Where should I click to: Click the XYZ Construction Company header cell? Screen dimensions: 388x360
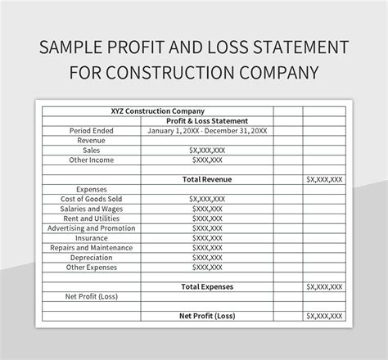click(x=157, y=110)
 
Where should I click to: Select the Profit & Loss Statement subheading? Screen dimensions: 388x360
click(x=207, y=120)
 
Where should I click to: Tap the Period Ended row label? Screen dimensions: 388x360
click(x=92, y=130)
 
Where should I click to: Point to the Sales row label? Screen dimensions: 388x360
click(x=92, y=151)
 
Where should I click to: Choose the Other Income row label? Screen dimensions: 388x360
click(x=92, y=160)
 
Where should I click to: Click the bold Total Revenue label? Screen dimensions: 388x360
click(x=206, y=178)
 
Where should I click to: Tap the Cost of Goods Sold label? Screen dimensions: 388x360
click(x=92, y=198)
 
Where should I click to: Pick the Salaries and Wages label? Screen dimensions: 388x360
click(x=92, y=208)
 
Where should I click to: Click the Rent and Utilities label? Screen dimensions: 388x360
click(x=92, y=218)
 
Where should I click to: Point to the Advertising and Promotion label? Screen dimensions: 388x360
click(x=92, y=228)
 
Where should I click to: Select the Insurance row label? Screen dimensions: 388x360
click(x=92, y=237)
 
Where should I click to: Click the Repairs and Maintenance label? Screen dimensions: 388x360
click(x=92, y=247)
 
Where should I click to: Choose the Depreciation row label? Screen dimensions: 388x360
click(x=92, y=257)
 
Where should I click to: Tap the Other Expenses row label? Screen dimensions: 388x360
click(x=92, y=267)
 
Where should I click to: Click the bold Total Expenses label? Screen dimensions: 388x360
click(x=206, y=286)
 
